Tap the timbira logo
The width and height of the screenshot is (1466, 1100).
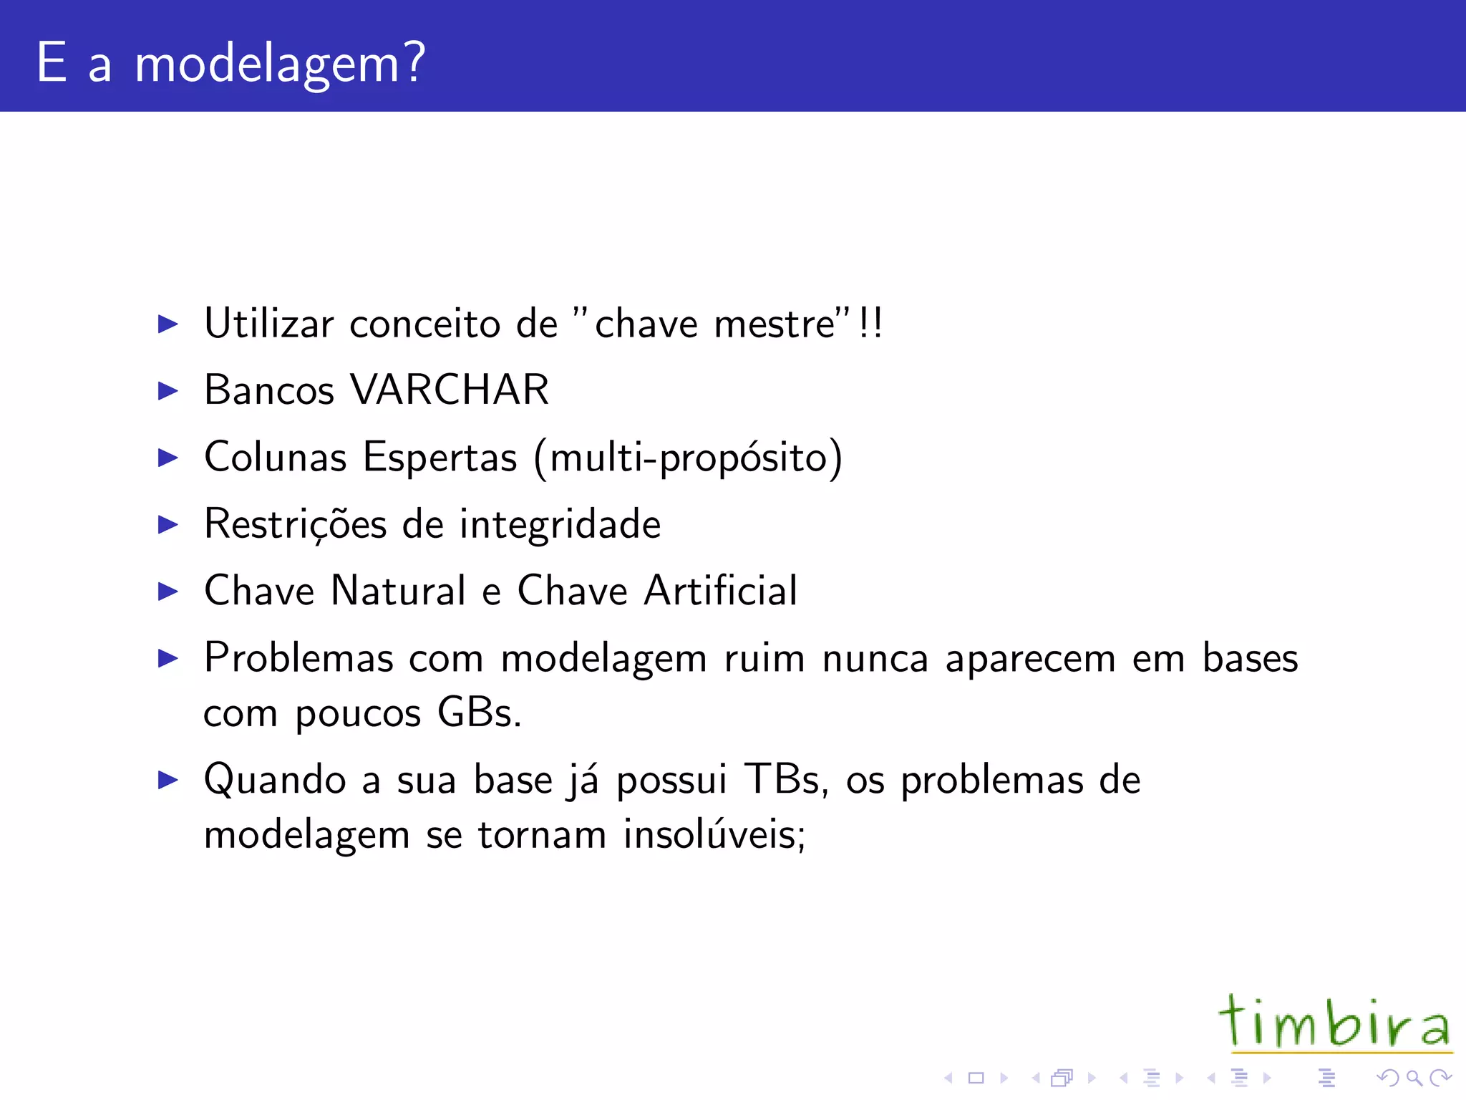pos(1335,1023)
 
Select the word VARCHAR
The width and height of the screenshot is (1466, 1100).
pos(450,390)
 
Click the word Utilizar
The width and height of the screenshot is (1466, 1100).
pos(269,324)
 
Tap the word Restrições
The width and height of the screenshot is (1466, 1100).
pos(295,524)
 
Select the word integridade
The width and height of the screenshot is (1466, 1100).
pos(560,524)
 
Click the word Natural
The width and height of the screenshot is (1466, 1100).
pos(399,591)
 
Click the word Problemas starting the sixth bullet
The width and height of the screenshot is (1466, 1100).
pos(298,657)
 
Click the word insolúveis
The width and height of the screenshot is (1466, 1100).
pos(714,835)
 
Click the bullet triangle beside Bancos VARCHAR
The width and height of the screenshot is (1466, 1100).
pos(168,391)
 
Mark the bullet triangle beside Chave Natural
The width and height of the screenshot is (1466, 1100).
pos(168,592)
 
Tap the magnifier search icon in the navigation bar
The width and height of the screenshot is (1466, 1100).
pos(1414,1077)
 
